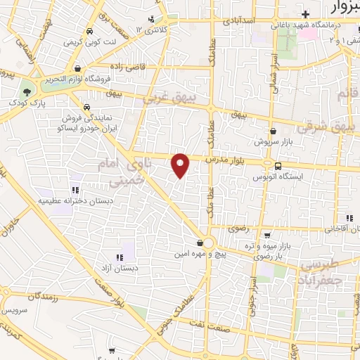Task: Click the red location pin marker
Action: [181, 165]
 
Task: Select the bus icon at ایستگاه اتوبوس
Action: [279, 167]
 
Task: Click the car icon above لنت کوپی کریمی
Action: [91, 32]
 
